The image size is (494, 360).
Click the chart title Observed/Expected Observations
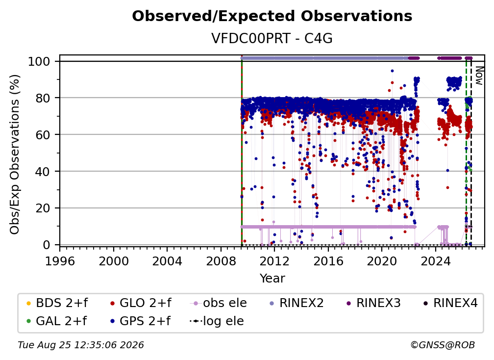[272, 16]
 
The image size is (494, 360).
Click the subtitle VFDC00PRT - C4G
[272, 39]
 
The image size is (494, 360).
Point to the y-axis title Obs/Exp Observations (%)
[15, 154]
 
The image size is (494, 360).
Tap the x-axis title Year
[272, 279]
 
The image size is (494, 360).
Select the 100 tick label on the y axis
[39, 61]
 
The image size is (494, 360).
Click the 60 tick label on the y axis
[43, 135]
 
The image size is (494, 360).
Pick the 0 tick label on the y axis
[47, 245]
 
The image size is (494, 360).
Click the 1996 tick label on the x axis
[60, 261]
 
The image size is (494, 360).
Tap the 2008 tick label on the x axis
[221, 261]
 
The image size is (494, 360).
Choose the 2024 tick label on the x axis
[435, 261]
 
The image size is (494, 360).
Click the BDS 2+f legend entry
[57, 303]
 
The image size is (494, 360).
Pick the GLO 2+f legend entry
[141, 303]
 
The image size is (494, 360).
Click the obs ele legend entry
[218, 303]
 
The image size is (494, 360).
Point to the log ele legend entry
[217, 321]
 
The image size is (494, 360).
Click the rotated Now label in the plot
[479, 76]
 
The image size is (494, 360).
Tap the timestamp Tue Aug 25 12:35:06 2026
[81, 345]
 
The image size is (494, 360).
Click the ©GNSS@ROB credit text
[443, 345]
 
